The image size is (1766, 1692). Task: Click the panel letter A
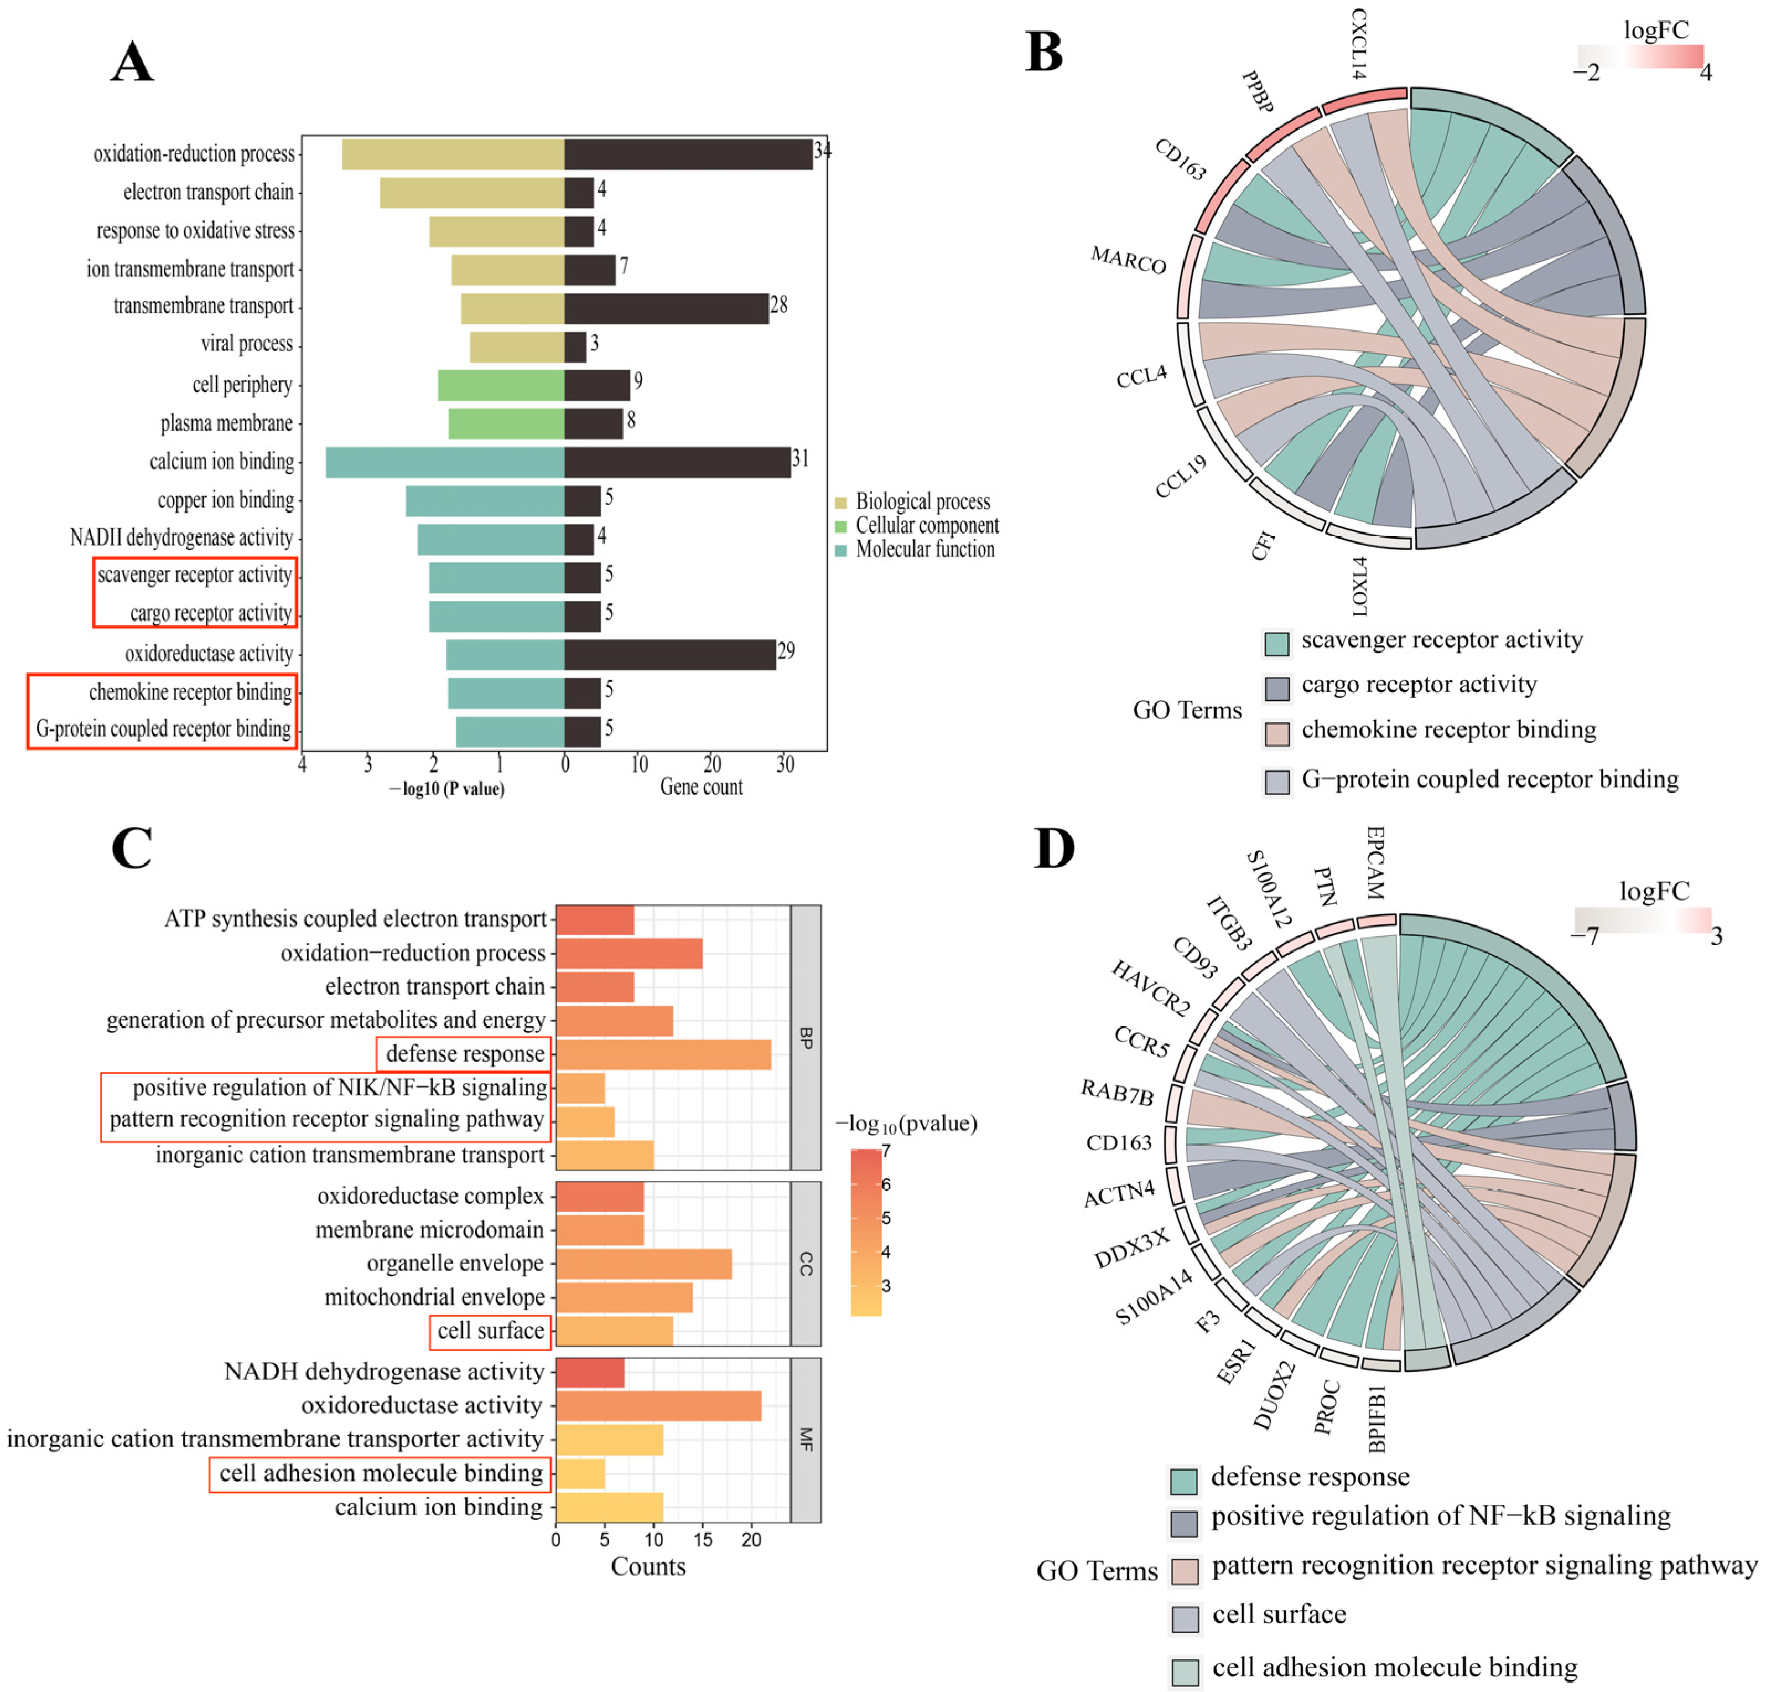[132, 63]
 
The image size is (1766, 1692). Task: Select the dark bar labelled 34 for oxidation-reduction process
[688, 154]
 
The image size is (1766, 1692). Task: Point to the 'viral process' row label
[247, 344]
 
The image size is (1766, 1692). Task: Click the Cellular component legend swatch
[840, 526]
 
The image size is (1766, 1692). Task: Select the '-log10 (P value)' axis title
[447, 789]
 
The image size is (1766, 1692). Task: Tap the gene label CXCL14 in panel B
[1358, 43]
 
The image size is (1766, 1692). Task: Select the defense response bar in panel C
[663, 1054]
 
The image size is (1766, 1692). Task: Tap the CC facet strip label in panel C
[806, 1264]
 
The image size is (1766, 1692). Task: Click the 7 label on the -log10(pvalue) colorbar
[886, 1150]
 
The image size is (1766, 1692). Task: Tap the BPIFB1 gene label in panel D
[1376, 1420]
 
